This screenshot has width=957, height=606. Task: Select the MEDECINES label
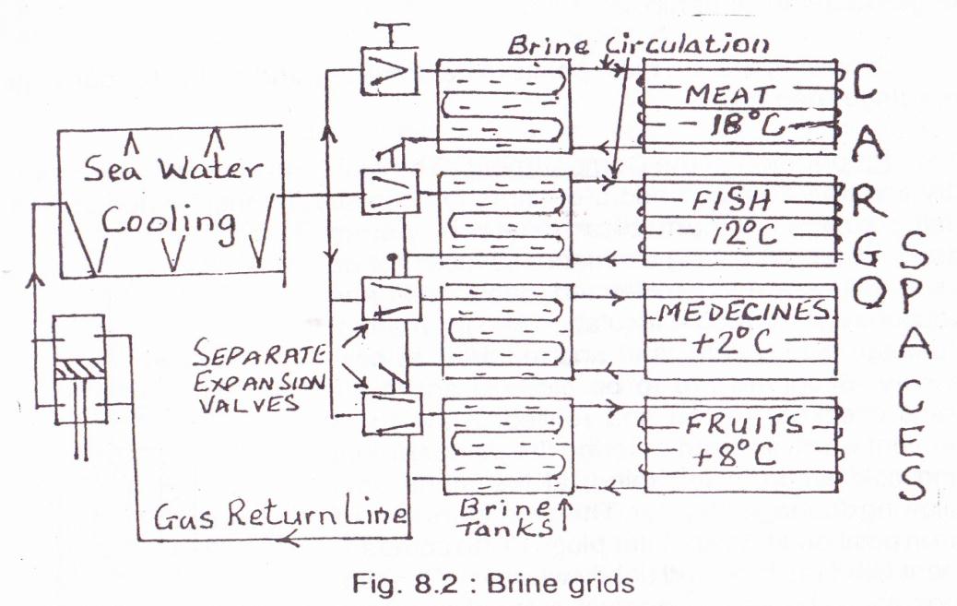pyautogui.click(x=738, y=314)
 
